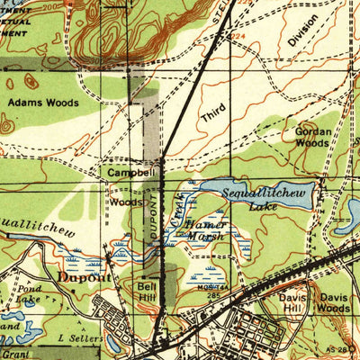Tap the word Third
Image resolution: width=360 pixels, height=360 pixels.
pos(213,113)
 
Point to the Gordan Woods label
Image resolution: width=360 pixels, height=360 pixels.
pos(312,136)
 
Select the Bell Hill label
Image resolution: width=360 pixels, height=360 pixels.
pos(147,292)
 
